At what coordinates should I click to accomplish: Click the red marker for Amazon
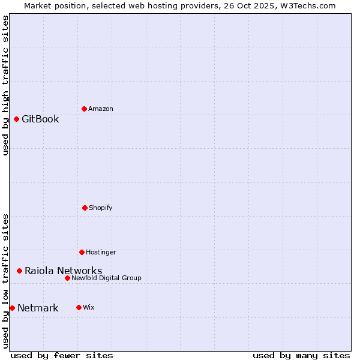84,109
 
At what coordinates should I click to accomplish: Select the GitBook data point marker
16,119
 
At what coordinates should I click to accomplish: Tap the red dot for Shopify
85,208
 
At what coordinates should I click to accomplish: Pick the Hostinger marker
82,252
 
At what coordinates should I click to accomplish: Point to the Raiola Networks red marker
19,271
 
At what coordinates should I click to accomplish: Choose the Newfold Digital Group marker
67,278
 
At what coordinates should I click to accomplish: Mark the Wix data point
79,307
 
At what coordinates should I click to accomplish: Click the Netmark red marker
12,308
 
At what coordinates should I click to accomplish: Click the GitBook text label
40,119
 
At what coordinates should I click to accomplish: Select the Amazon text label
101,109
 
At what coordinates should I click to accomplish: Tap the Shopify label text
101,208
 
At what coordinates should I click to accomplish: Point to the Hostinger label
101,252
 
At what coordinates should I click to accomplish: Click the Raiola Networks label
63,271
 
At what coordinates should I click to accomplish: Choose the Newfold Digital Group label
107,278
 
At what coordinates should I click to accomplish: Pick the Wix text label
89,307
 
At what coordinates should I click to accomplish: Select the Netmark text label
38,308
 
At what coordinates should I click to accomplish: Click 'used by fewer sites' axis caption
62,355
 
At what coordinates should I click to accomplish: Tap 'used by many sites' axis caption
301,355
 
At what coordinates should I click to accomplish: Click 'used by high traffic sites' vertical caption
5,85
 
